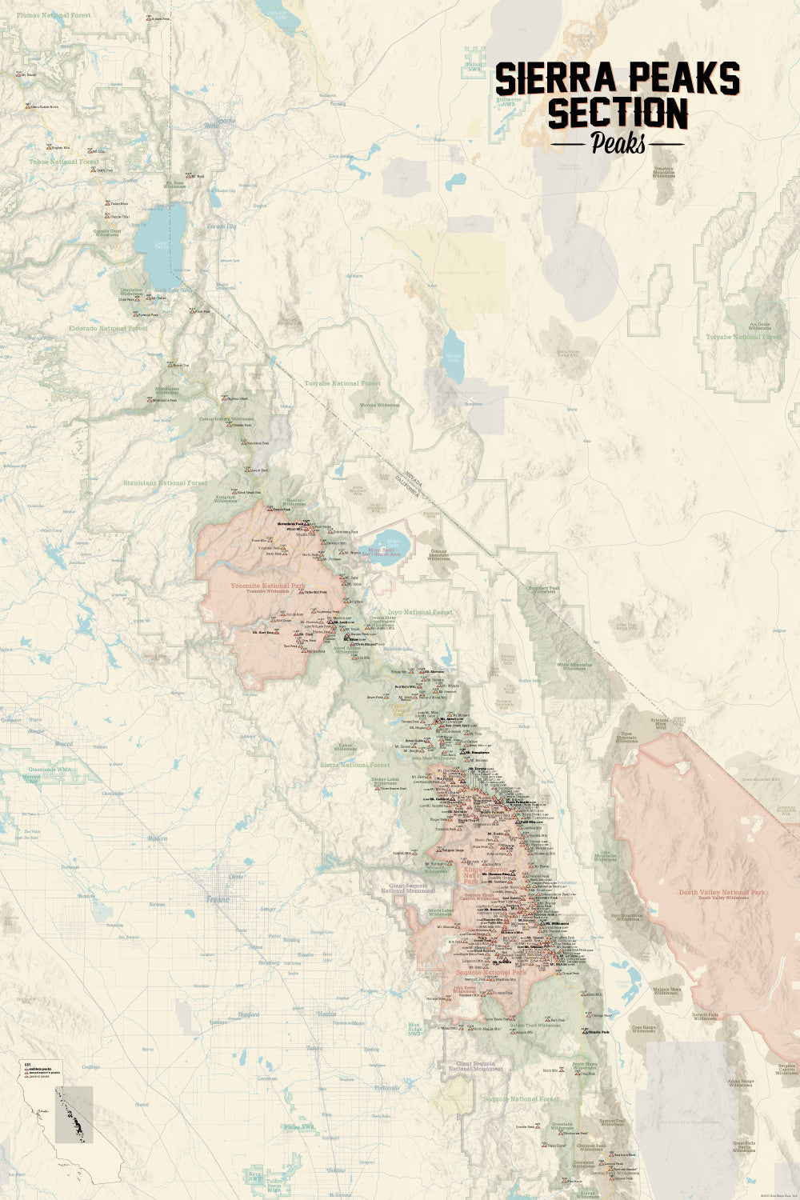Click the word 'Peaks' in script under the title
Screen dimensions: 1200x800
(618, 143)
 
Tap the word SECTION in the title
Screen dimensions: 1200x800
(617, 113)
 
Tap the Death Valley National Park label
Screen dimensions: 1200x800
(722, 892)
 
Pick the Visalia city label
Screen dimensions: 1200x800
(327, 1014)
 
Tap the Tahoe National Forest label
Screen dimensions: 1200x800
(64, 162)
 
